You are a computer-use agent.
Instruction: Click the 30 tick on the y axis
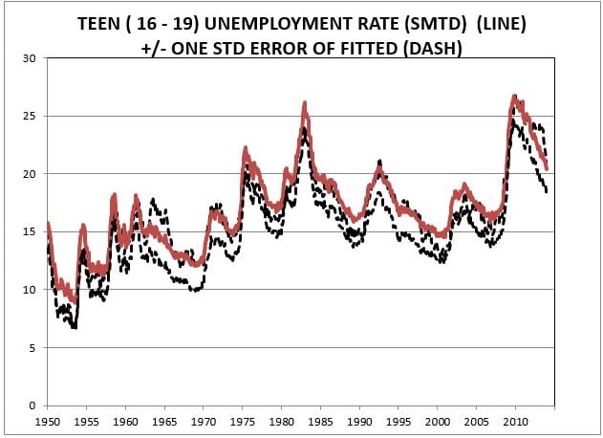click(x=30, y=58)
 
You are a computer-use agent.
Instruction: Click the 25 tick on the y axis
click(x=30, y=116)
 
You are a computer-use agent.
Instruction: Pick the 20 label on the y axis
click(x=30, y=174)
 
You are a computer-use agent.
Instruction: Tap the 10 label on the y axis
click(x=30, y=290)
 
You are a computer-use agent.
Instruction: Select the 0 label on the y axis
click(x=33, y=405)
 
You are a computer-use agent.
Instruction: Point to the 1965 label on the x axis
click(x=164, y=421)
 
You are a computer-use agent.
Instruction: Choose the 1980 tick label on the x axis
click(x=282, y=421)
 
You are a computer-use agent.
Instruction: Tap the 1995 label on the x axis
click(x=398, y=421)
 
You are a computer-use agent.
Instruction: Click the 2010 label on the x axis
click(x=516, y=421)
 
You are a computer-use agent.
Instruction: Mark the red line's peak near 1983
click(x=305, y=102)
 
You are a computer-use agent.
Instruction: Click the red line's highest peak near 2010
click(x=514, y=96)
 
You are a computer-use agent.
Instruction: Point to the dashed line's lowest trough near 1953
click(x=74, y=327)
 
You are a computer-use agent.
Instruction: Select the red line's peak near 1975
click(x=246, y=148)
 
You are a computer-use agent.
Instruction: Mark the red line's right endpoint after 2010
click(x=547, y=168)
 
